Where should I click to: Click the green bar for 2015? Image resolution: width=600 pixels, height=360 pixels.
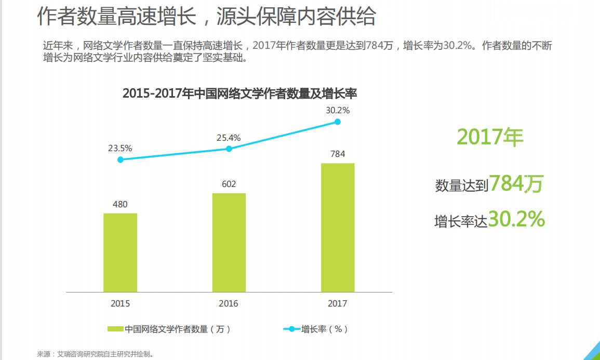pos(120,252)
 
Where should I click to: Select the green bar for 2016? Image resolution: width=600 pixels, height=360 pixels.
pos(229,243)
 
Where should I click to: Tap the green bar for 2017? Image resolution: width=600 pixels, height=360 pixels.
pos(338,228)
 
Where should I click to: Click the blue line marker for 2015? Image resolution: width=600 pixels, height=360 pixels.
pos(121,159)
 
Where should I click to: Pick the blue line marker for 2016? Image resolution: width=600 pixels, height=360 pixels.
pos(229,149)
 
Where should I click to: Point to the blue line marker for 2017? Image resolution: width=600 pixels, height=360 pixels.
pos(338,122)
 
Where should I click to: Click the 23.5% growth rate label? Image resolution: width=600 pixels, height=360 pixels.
pos(120,148)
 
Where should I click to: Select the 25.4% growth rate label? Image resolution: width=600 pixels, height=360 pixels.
pos(229,138)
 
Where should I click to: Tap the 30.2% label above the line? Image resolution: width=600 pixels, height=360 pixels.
pos(338,110)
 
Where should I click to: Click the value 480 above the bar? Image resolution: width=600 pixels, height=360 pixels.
pos(120,204)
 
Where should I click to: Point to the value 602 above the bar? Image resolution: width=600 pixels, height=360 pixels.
pos(229,184)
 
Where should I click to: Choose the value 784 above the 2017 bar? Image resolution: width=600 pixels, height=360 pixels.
pos(338,154)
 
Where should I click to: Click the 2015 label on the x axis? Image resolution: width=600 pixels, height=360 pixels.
pos(120,303)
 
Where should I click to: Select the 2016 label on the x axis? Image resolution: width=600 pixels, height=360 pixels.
pos(229,303)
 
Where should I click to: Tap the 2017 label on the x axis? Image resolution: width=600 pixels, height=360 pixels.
pos(338,303)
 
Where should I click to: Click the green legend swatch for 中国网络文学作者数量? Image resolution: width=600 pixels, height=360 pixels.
pos(115,329)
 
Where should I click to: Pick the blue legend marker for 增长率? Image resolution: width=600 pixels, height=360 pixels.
pos(291,329)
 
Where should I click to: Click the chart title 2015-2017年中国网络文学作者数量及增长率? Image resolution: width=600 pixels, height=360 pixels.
pos(239,94)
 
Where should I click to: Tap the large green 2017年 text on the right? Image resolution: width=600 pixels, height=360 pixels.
pos(490,137)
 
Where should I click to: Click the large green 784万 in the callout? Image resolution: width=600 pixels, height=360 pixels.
pos(516,183)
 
